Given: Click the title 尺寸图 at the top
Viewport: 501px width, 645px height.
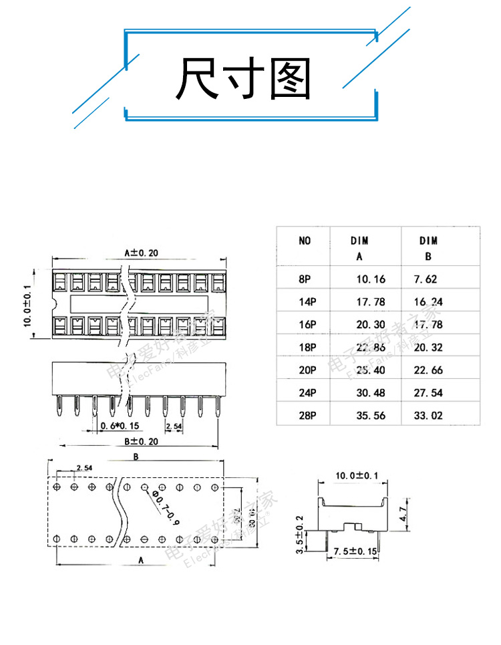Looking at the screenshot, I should [244, 78].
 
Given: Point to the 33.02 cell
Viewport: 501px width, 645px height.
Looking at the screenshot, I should [428, 416].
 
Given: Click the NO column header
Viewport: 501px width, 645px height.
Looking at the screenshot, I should [305, 241].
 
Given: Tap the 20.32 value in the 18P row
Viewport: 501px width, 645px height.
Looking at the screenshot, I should [428, 348].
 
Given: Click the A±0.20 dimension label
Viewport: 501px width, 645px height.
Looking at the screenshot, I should [141, 253].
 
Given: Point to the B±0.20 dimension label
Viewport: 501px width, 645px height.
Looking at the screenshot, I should [140, 441].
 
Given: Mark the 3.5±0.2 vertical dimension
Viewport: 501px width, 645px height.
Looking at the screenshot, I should [299, 535].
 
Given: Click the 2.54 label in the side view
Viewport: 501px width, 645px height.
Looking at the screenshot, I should [173, 426].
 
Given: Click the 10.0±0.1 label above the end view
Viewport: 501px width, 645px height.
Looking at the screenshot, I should [357, 476].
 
